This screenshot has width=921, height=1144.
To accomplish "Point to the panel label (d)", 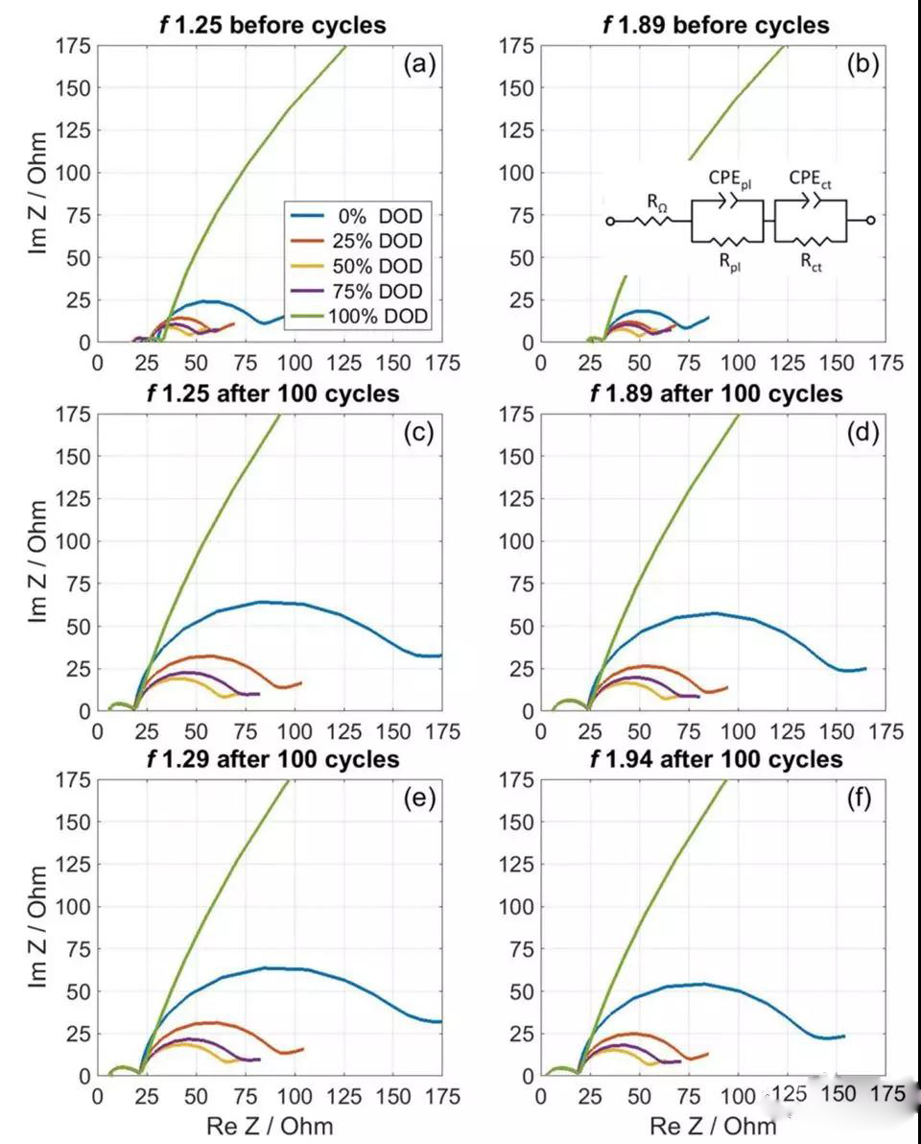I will coord(864,434).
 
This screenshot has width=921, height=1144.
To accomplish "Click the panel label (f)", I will coord(864,799).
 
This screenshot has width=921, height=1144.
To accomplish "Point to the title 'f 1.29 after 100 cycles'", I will coord(269,759).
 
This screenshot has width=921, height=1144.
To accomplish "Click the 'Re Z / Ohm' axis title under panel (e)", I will coord(270,1125).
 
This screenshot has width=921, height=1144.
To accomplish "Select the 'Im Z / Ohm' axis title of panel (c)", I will coord(39,561).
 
